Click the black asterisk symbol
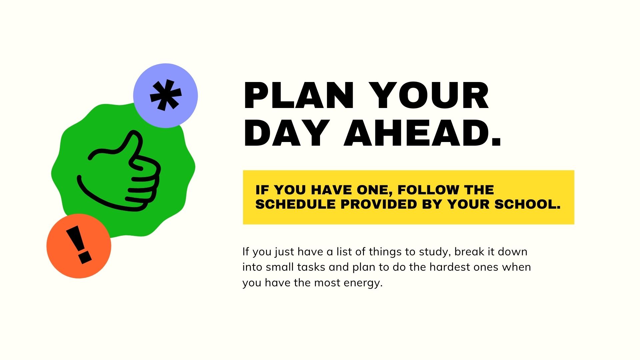point(166,95)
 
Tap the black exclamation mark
point(79,245)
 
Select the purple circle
point(165,96)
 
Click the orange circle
point(79,246)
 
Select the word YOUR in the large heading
point(429,96)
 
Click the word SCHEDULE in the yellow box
point(295,204)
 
